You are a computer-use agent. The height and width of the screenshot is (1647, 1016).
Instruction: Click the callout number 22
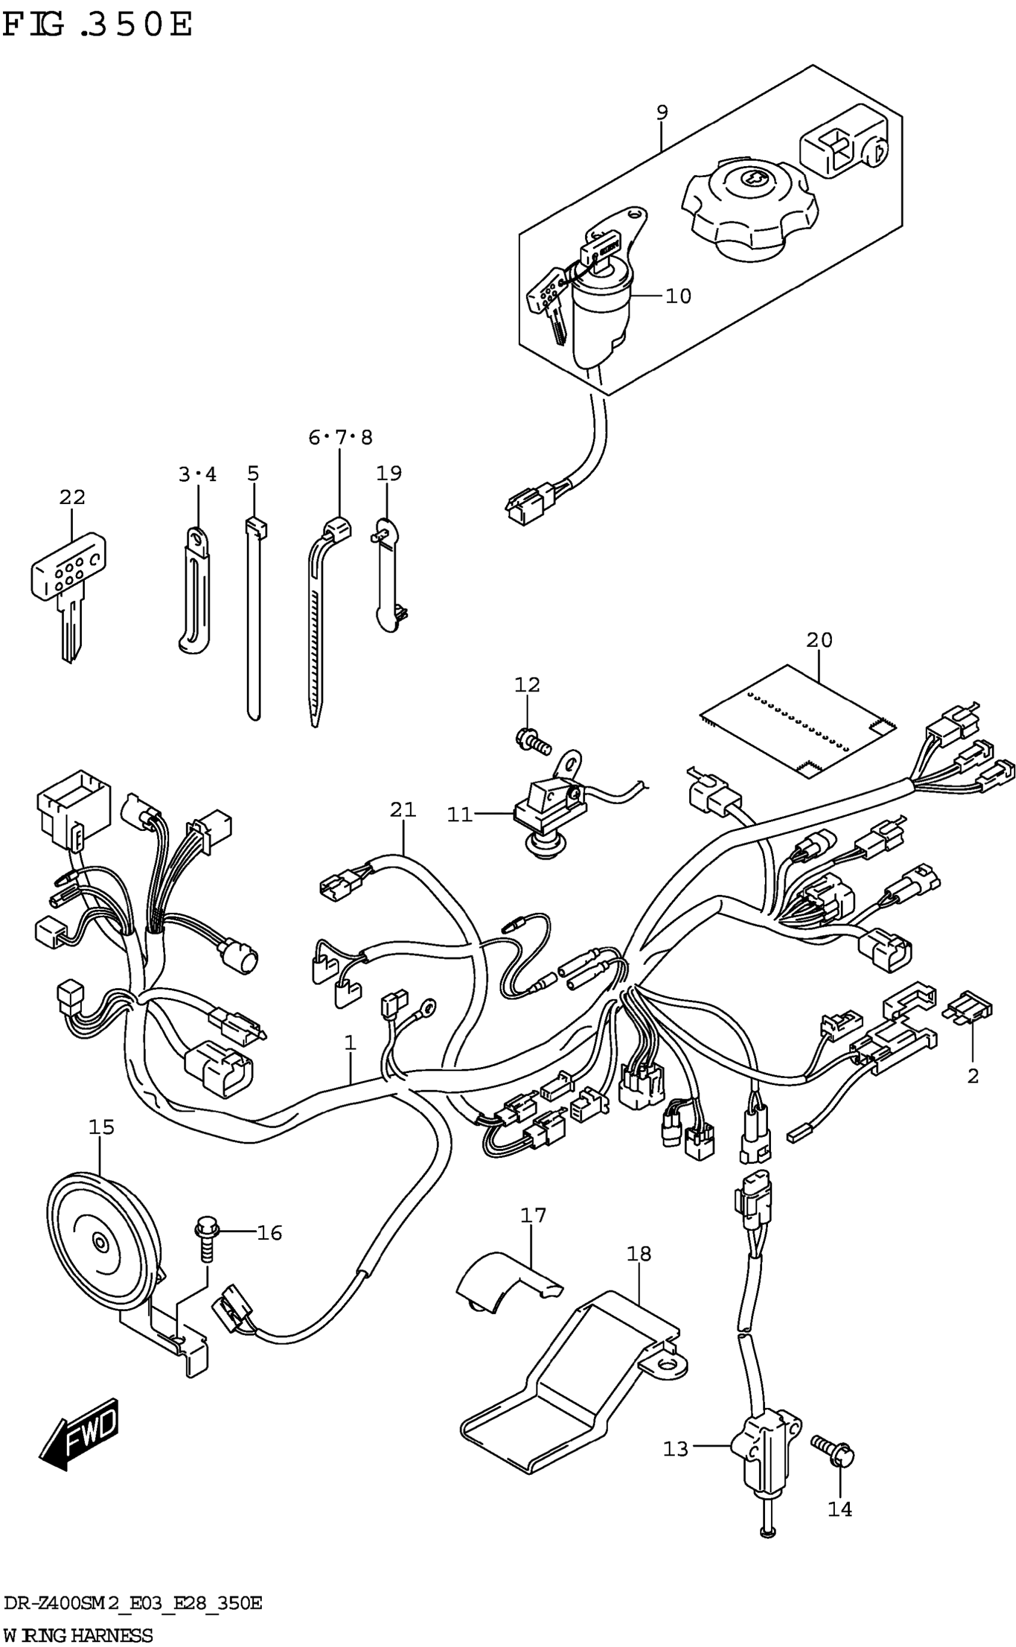[x=72, y=498]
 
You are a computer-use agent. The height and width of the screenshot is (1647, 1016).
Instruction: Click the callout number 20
[x=819, y=640]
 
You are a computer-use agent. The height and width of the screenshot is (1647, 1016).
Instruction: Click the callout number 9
[x=662, y=112]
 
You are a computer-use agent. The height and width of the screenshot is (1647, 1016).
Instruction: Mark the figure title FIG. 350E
[x=97, y=25]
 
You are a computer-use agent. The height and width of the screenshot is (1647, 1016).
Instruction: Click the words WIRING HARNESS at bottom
[x=78, y=1634]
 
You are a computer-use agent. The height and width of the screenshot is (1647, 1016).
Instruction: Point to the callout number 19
[x=388, y=473]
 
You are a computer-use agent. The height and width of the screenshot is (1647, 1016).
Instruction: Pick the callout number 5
[x=253, y=473]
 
